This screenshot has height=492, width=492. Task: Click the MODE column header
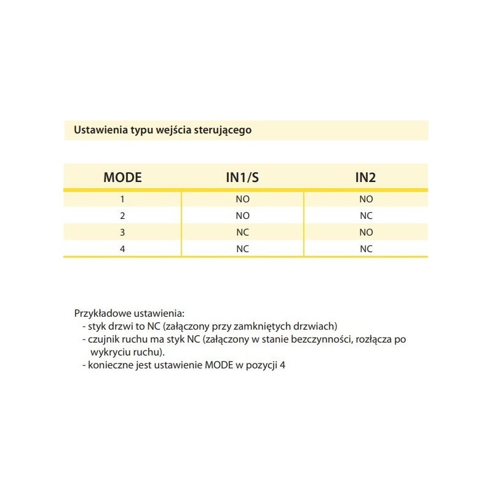point(122,178)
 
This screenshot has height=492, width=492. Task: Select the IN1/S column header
point(242,178)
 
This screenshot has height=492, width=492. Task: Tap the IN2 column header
point(365,178)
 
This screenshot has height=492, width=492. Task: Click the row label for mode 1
point(122,199)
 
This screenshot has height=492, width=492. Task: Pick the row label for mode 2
point(122,215)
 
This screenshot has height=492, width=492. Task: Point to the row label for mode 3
point(122,232)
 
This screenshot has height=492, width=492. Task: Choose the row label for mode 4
point(122,249)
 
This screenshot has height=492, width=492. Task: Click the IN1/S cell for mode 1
point(242,199)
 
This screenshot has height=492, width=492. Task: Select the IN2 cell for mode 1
point(366,199)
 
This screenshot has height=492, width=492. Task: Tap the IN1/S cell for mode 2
point(242,215)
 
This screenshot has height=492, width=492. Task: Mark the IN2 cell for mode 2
point(366,215)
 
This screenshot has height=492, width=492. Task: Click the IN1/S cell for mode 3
point(242,232)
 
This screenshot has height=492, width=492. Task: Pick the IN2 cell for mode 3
point(366,232)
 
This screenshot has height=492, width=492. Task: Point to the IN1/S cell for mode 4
point(242,249)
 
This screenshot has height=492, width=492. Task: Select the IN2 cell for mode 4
point(366,249)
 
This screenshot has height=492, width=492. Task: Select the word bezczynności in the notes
point(319,339)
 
